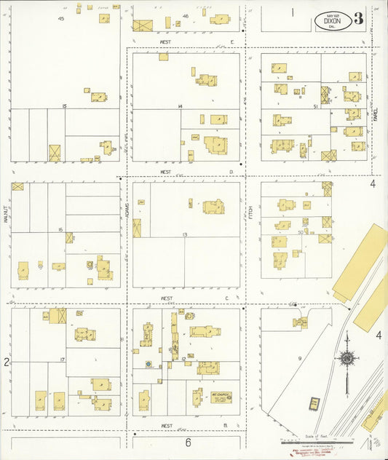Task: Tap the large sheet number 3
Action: tap(359, 19)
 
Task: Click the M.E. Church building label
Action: tap(221, 396)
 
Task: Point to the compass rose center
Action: tap(347, 358)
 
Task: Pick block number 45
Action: tap(60, 17)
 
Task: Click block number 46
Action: tap(186, 16)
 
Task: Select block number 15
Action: tap(65, 106)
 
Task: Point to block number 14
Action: tap(180, 106)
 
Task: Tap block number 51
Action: tap(315, 106)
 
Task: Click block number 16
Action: tap(60, 229)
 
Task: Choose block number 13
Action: tap(185, 234)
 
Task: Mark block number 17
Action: tap(63, 360)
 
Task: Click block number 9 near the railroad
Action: tap(299, 359)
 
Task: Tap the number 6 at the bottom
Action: tap(187, 442)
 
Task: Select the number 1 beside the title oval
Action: tap(293, 12)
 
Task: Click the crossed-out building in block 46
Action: tap(143, 25)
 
